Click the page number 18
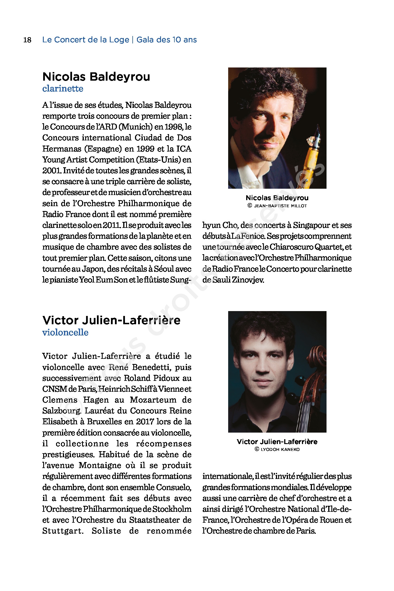pos(27,40)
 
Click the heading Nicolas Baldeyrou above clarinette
pos(96,77)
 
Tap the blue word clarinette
pos(63,89)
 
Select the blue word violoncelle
pos(65,332)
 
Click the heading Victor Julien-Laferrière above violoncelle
pos(111,320)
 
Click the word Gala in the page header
pos(145,40)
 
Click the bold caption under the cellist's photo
pos(277,442)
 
